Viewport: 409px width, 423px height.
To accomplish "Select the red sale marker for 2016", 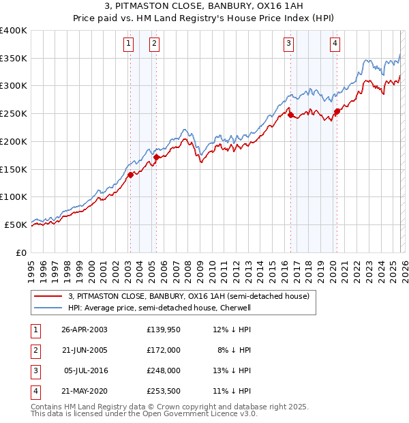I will click(x=290, y=115).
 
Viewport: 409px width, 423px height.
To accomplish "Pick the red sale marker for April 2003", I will click(x=130, y=175).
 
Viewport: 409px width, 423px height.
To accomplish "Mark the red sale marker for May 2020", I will click(x=337, y=112).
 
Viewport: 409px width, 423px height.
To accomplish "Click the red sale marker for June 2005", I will click(x=156, y=157).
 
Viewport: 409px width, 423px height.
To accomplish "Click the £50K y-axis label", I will click(x=16, y=224).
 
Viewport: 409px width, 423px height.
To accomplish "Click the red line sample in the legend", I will click(x=48, y=296).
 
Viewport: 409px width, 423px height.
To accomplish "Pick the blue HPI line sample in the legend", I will click(x=48, y=308).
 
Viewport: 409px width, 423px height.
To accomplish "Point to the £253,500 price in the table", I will click(x=163, y=392).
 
